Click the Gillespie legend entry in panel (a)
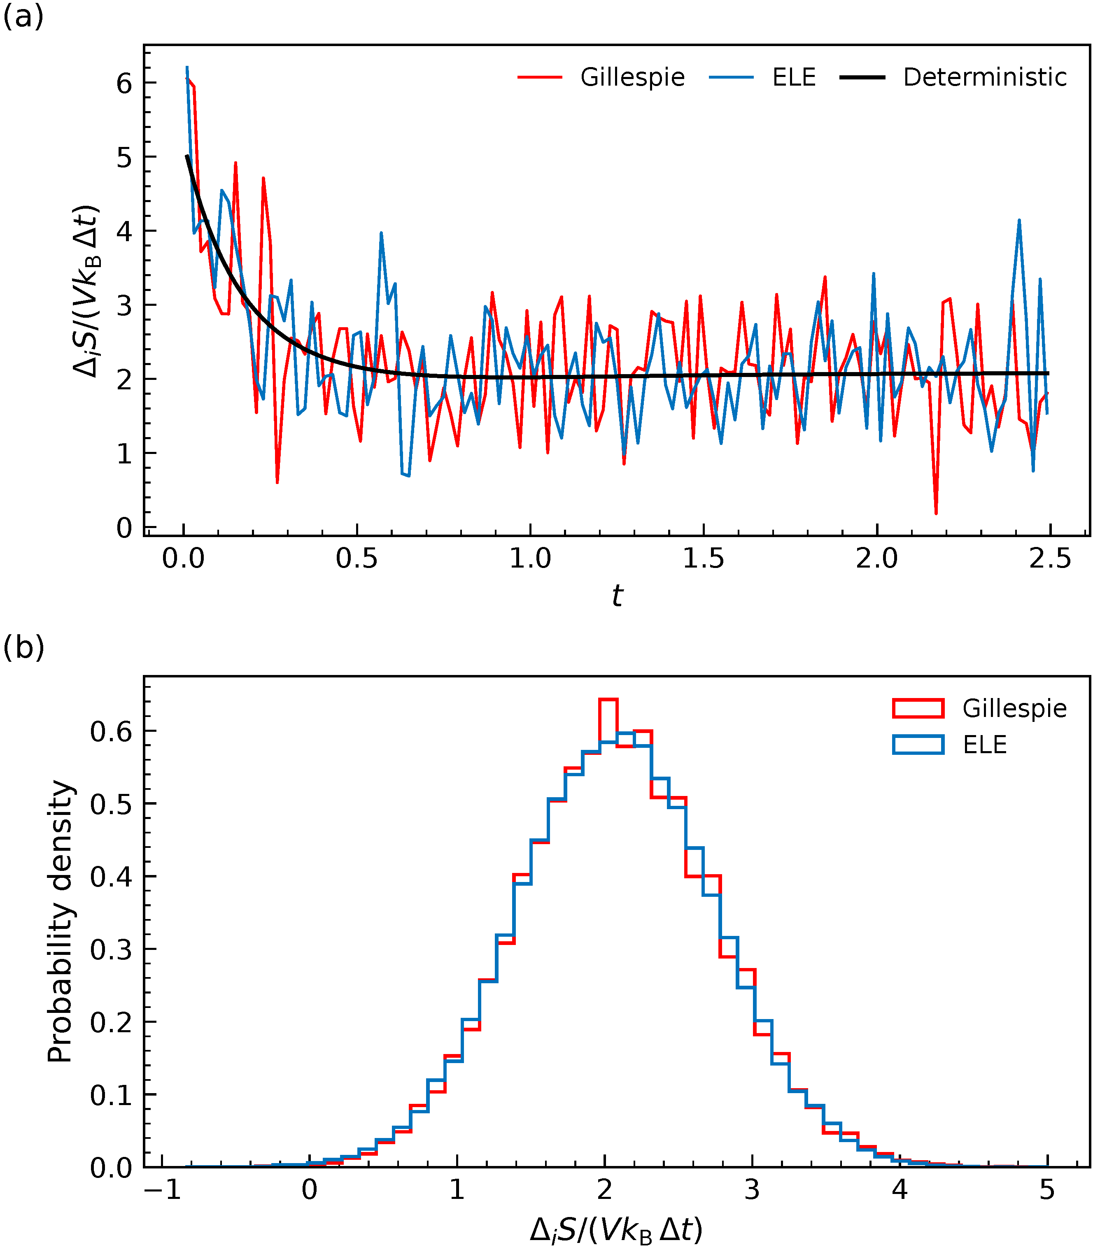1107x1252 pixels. point(633,78)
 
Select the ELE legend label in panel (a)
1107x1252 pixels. point(794,78)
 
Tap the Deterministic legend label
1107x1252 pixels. point(985,78)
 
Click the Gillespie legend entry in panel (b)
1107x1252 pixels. point(1014,709)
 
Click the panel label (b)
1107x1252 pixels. point(23,647)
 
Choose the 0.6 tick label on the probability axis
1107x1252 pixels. point(111,731)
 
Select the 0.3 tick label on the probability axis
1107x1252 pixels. point(111,950)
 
